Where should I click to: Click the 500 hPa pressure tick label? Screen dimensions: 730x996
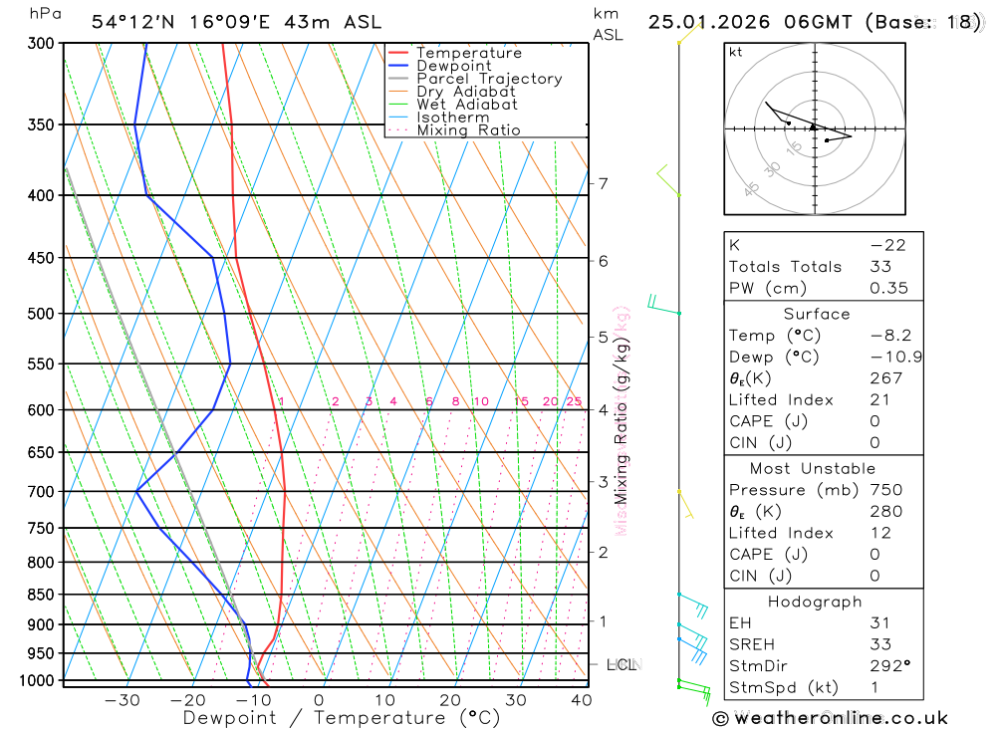point(41,314)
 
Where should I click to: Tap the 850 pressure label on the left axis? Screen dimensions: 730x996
point(41,595)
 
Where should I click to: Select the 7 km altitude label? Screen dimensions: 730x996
point(603,183)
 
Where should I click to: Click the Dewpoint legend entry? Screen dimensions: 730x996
point(453,66)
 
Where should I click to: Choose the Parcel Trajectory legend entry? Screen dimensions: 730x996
point(489,79)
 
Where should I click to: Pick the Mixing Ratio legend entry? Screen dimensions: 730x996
point(468,130)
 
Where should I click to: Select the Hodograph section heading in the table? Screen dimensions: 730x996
point(815,602)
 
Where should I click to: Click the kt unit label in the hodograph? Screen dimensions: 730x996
point(735,52)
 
